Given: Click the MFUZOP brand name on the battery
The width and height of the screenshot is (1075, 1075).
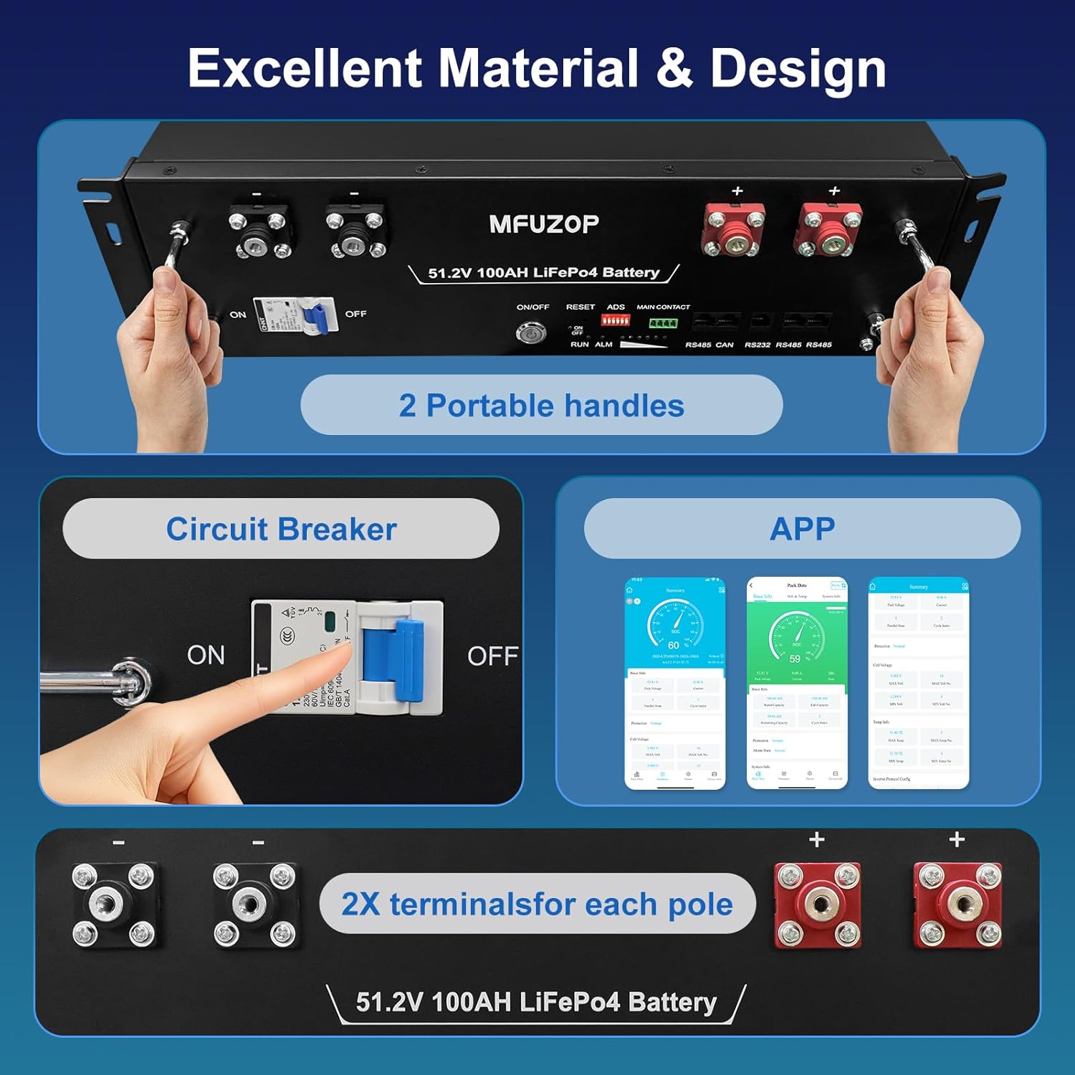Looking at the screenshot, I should pyautogui.click(x=544, y=224).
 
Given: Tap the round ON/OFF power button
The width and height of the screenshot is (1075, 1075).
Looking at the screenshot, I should pyautogui.click(x=531, y=333).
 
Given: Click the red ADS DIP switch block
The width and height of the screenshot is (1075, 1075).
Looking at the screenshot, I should pyautogui.click(x=615, y=320).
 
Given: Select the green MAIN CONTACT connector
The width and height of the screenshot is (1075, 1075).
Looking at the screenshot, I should pyautogui.click(x=663, y=322).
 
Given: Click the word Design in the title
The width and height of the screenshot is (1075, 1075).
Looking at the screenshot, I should pyautogui.click(x=798, y=69).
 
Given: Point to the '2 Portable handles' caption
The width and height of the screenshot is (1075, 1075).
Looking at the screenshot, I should pyautogui.click(x=541, y=406).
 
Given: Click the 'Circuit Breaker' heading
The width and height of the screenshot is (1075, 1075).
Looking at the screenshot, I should pyautogui.click(x=281, y=529).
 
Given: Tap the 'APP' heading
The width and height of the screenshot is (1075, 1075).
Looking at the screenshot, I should pyautogui.click(x=802, y=529).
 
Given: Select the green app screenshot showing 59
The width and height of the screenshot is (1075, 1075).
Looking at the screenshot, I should pyautogui.click(x=797, y=682).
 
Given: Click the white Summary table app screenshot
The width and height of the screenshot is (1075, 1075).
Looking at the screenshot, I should pyautogui.click(x=918, y=682).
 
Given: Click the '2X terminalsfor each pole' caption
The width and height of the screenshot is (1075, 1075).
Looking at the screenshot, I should pyautogui.click(x=537, y=904).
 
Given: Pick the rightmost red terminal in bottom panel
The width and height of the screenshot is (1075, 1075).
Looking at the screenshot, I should pyautogui.click(x=958, y=904).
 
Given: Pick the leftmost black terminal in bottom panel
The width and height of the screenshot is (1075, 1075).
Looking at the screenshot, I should pyautogui.click(x=114, y=904).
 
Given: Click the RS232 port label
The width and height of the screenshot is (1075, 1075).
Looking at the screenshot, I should pyautogui.click(x=757, y=345).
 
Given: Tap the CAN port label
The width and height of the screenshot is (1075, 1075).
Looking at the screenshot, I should pyautogui.click(x=725, y=345).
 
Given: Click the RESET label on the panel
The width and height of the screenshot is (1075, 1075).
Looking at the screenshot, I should pyautogui.click(x=580, y=307).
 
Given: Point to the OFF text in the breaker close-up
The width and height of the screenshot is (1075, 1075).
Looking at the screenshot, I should pyautogui.click(x=492, y=656).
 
